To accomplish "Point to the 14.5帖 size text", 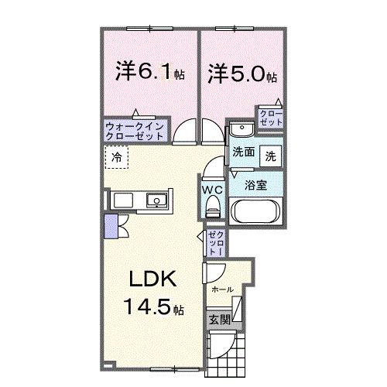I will pyautogui.click(x=152, y=307).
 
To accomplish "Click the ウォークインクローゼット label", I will pyautogui.click(x=135, y=129).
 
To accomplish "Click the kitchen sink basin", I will pyautogui.click(x=158, y=200).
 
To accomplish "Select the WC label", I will pyautogui.click(x=213, y=187).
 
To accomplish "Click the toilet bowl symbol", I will pyautogui.click(x=214, y=205).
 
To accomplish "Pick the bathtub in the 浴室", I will pyautogui.click(x=255, y=211).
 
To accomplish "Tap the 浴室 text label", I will pyautogui.click(x=256, y=186).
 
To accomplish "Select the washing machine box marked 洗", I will pyautogui.click(x=271, y=155).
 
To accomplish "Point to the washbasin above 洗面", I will pyautogui.click(x=240, y=130).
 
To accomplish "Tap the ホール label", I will pyautogui.click(x=221, y=287).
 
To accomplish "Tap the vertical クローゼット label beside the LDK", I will pyautogui.click(x=214, y=244).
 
